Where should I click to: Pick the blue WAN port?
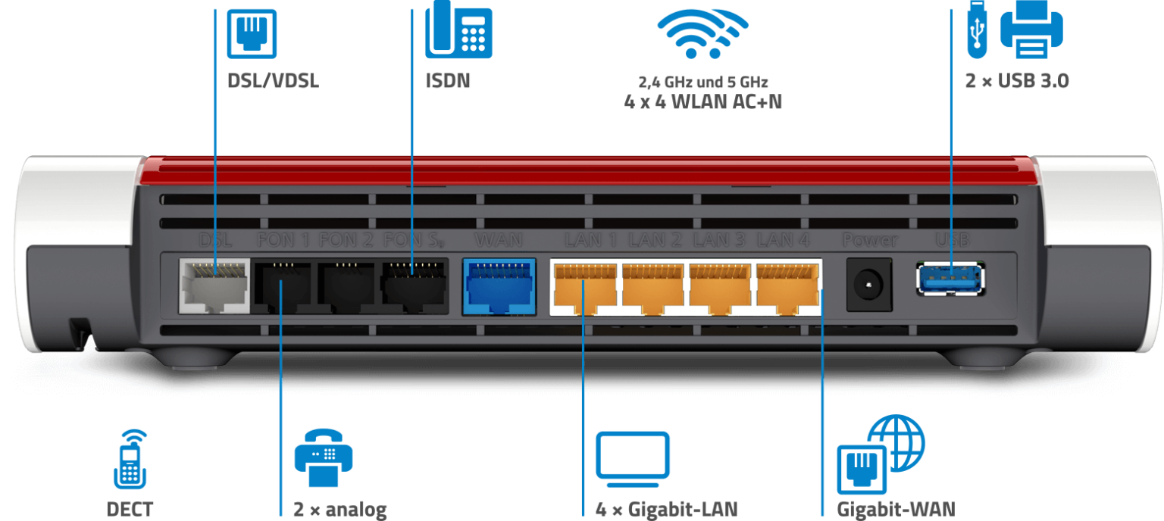pyautogui.click(x=498, y=286)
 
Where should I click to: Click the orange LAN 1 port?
pyautogui.click(x=584, y=287)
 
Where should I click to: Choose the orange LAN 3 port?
pyautogui.click(x=719, y=287)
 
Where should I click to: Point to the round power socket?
pyautogui.click(x=869, y=285)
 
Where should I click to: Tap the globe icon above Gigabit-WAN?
pyautogui.click(x=896, y=444)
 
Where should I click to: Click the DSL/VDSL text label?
pyautogui.click(x=273, y=81)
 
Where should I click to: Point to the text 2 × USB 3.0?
pyautogui.click(x=1016, y=81)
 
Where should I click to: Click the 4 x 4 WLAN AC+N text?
pyautogui.click(x=702, y=101)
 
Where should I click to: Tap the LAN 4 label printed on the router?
pyautogui.click(x=784, y=241)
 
